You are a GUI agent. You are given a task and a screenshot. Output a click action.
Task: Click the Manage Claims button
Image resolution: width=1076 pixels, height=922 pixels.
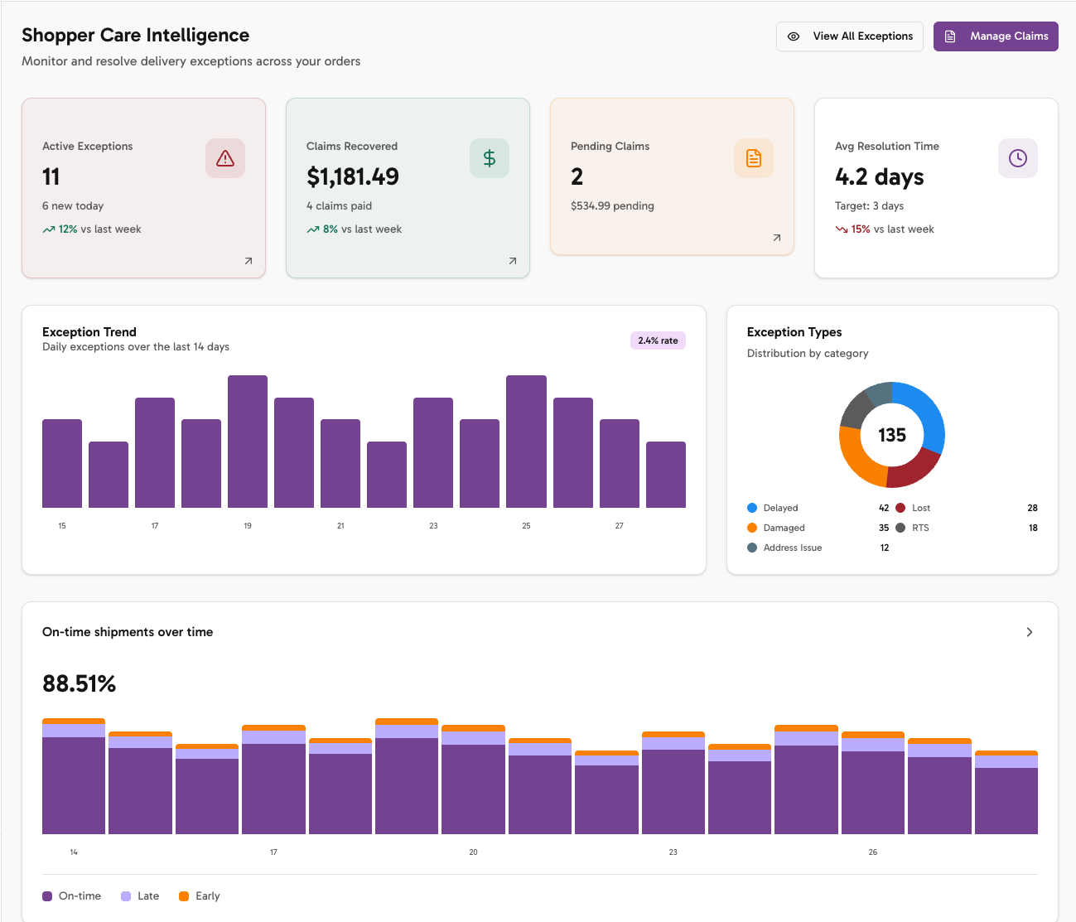(x=996, y=36)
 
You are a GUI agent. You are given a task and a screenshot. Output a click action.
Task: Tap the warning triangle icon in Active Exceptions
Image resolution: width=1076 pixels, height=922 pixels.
(x=225, y=158)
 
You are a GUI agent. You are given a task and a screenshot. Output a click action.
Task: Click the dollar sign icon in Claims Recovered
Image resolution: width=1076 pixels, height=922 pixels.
(x=490, y=158)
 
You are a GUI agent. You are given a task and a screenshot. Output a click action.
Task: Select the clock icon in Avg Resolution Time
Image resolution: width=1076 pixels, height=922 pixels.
(x=1018, y=158)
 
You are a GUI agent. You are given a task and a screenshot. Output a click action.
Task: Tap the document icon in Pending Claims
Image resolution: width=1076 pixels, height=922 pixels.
(x=754, y=158)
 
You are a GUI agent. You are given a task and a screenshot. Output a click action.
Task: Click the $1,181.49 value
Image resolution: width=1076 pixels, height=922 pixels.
(x=353, y=177)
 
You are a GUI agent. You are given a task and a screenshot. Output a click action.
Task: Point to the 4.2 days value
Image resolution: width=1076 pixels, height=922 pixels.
(x=880, y=177)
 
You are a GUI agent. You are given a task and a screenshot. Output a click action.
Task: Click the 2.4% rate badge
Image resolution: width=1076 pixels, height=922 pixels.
(x=658, y=340)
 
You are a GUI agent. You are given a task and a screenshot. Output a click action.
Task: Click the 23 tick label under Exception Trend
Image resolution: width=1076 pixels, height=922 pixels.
(x=433, y=526)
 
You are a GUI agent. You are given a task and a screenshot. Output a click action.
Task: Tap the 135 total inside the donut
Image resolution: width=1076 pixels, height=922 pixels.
(x=892, y=436)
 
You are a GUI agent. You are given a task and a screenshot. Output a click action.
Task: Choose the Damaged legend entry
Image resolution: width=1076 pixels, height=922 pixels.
(x=784, y=528)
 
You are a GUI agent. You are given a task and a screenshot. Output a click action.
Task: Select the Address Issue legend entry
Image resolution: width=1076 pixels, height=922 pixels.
(x=792, y=548)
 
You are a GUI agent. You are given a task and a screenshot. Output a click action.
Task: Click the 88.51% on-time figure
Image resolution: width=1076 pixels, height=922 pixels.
(x=80, y=684)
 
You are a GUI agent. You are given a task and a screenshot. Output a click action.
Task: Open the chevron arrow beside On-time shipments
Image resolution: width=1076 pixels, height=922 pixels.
(x=1030, y=632)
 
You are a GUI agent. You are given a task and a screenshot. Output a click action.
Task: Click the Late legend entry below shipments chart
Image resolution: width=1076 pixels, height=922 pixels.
(x=147, y=896)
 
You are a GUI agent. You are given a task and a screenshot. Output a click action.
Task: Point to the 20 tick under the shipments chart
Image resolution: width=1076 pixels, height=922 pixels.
(x=473, y=852)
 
